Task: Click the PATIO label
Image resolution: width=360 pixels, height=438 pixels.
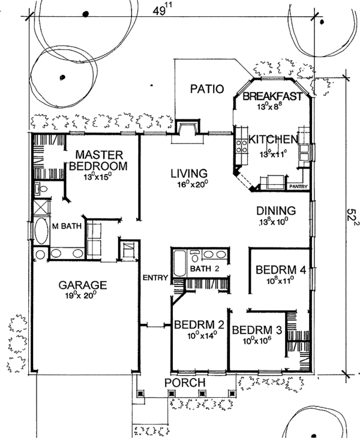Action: tap(207, 89)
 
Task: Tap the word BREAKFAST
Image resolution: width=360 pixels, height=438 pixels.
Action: tap(272, 97)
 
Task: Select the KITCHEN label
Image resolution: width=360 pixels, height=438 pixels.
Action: tap(273, 139)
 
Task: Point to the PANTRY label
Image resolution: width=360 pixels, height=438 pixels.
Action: tap(298, 187)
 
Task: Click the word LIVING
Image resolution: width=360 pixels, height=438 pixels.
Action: tap(189, 173)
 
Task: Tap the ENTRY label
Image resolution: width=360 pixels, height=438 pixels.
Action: tap(155, 278)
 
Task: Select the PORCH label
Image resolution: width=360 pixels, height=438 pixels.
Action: tap(185, 382)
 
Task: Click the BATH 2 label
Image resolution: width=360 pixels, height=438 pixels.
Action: tap(205, 269)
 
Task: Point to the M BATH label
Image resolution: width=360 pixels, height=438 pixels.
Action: tap(67, 226)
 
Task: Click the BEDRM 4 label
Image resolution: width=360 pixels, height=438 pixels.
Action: tap(281, 270)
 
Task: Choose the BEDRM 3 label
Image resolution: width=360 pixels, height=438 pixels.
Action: tap(257, 330)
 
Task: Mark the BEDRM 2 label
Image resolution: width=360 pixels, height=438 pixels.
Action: tap(199, 325)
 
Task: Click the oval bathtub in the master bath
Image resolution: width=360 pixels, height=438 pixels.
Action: tap(41, 231)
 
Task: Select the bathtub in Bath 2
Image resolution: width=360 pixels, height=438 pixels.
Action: tap(179, 263)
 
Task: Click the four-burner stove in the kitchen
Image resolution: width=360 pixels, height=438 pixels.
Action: tap(242, 146)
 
